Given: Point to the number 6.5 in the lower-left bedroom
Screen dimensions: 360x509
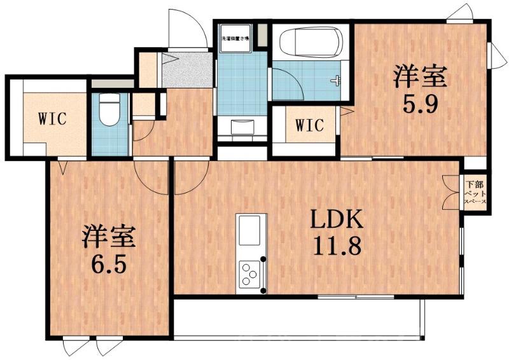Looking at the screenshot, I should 108,262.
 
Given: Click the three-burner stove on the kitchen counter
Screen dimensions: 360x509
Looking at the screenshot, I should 252,274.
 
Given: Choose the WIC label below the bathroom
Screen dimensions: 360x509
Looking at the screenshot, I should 309,125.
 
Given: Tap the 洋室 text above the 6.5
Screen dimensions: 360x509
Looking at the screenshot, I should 108,238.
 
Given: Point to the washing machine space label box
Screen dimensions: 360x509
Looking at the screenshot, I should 235,38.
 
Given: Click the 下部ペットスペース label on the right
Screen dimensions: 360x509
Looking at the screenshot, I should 475,190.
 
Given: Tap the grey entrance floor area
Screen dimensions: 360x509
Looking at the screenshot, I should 188,71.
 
